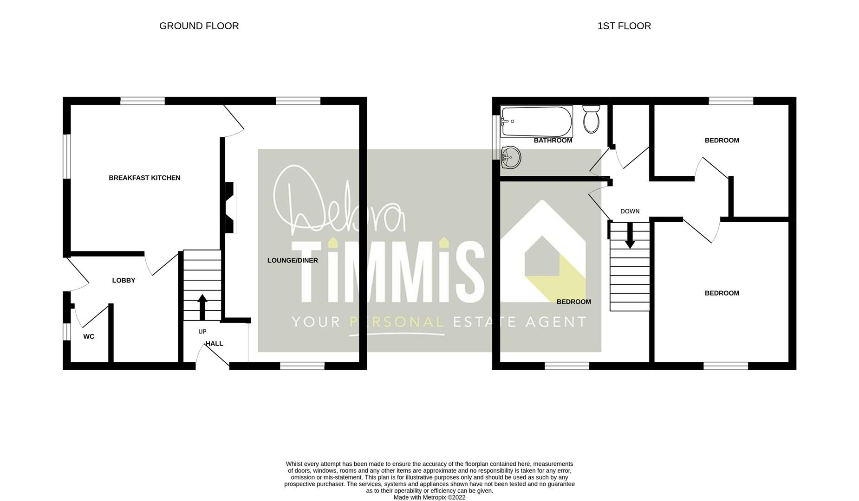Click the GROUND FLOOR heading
(x=199, y=26)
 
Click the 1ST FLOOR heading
(x=624, y=26)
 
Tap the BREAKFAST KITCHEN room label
(x=144, y=178)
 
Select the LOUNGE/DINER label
(x=293, y=260)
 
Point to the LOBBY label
(x=124, y=280)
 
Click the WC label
(x=89, y=336)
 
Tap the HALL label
(x=215, y=343)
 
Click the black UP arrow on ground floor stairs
(x=202, y=307)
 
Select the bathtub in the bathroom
(x=536, y=122)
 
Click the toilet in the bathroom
(x=591, y=119)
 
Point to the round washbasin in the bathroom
(x=511, y=156)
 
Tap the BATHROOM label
(x=553, y=140)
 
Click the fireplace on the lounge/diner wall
(x=231, y=207)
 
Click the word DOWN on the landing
(x=630, y=211)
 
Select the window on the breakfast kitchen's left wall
(x=67, y=156)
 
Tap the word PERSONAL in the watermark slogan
(x=397, y=321)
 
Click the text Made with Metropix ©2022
(x=429, y=497)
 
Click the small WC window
(x=66, y=332)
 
